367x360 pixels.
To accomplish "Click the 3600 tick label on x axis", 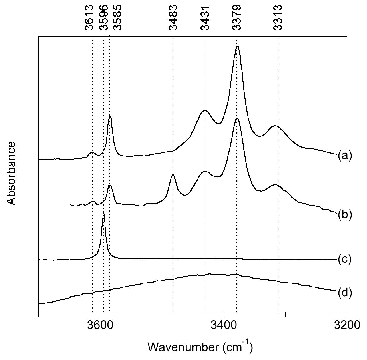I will [x=100, y=326].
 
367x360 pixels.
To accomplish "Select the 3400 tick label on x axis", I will [x=224, y=326].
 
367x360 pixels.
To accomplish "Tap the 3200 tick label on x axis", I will [x=347, y=326].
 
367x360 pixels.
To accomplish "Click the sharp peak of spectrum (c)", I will [x=103, y=212].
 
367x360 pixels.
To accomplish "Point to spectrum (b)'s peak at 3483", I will [x=173, y=174].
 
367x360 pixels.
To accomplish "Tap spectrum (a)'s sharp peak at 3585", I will [x=110, y=116].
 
